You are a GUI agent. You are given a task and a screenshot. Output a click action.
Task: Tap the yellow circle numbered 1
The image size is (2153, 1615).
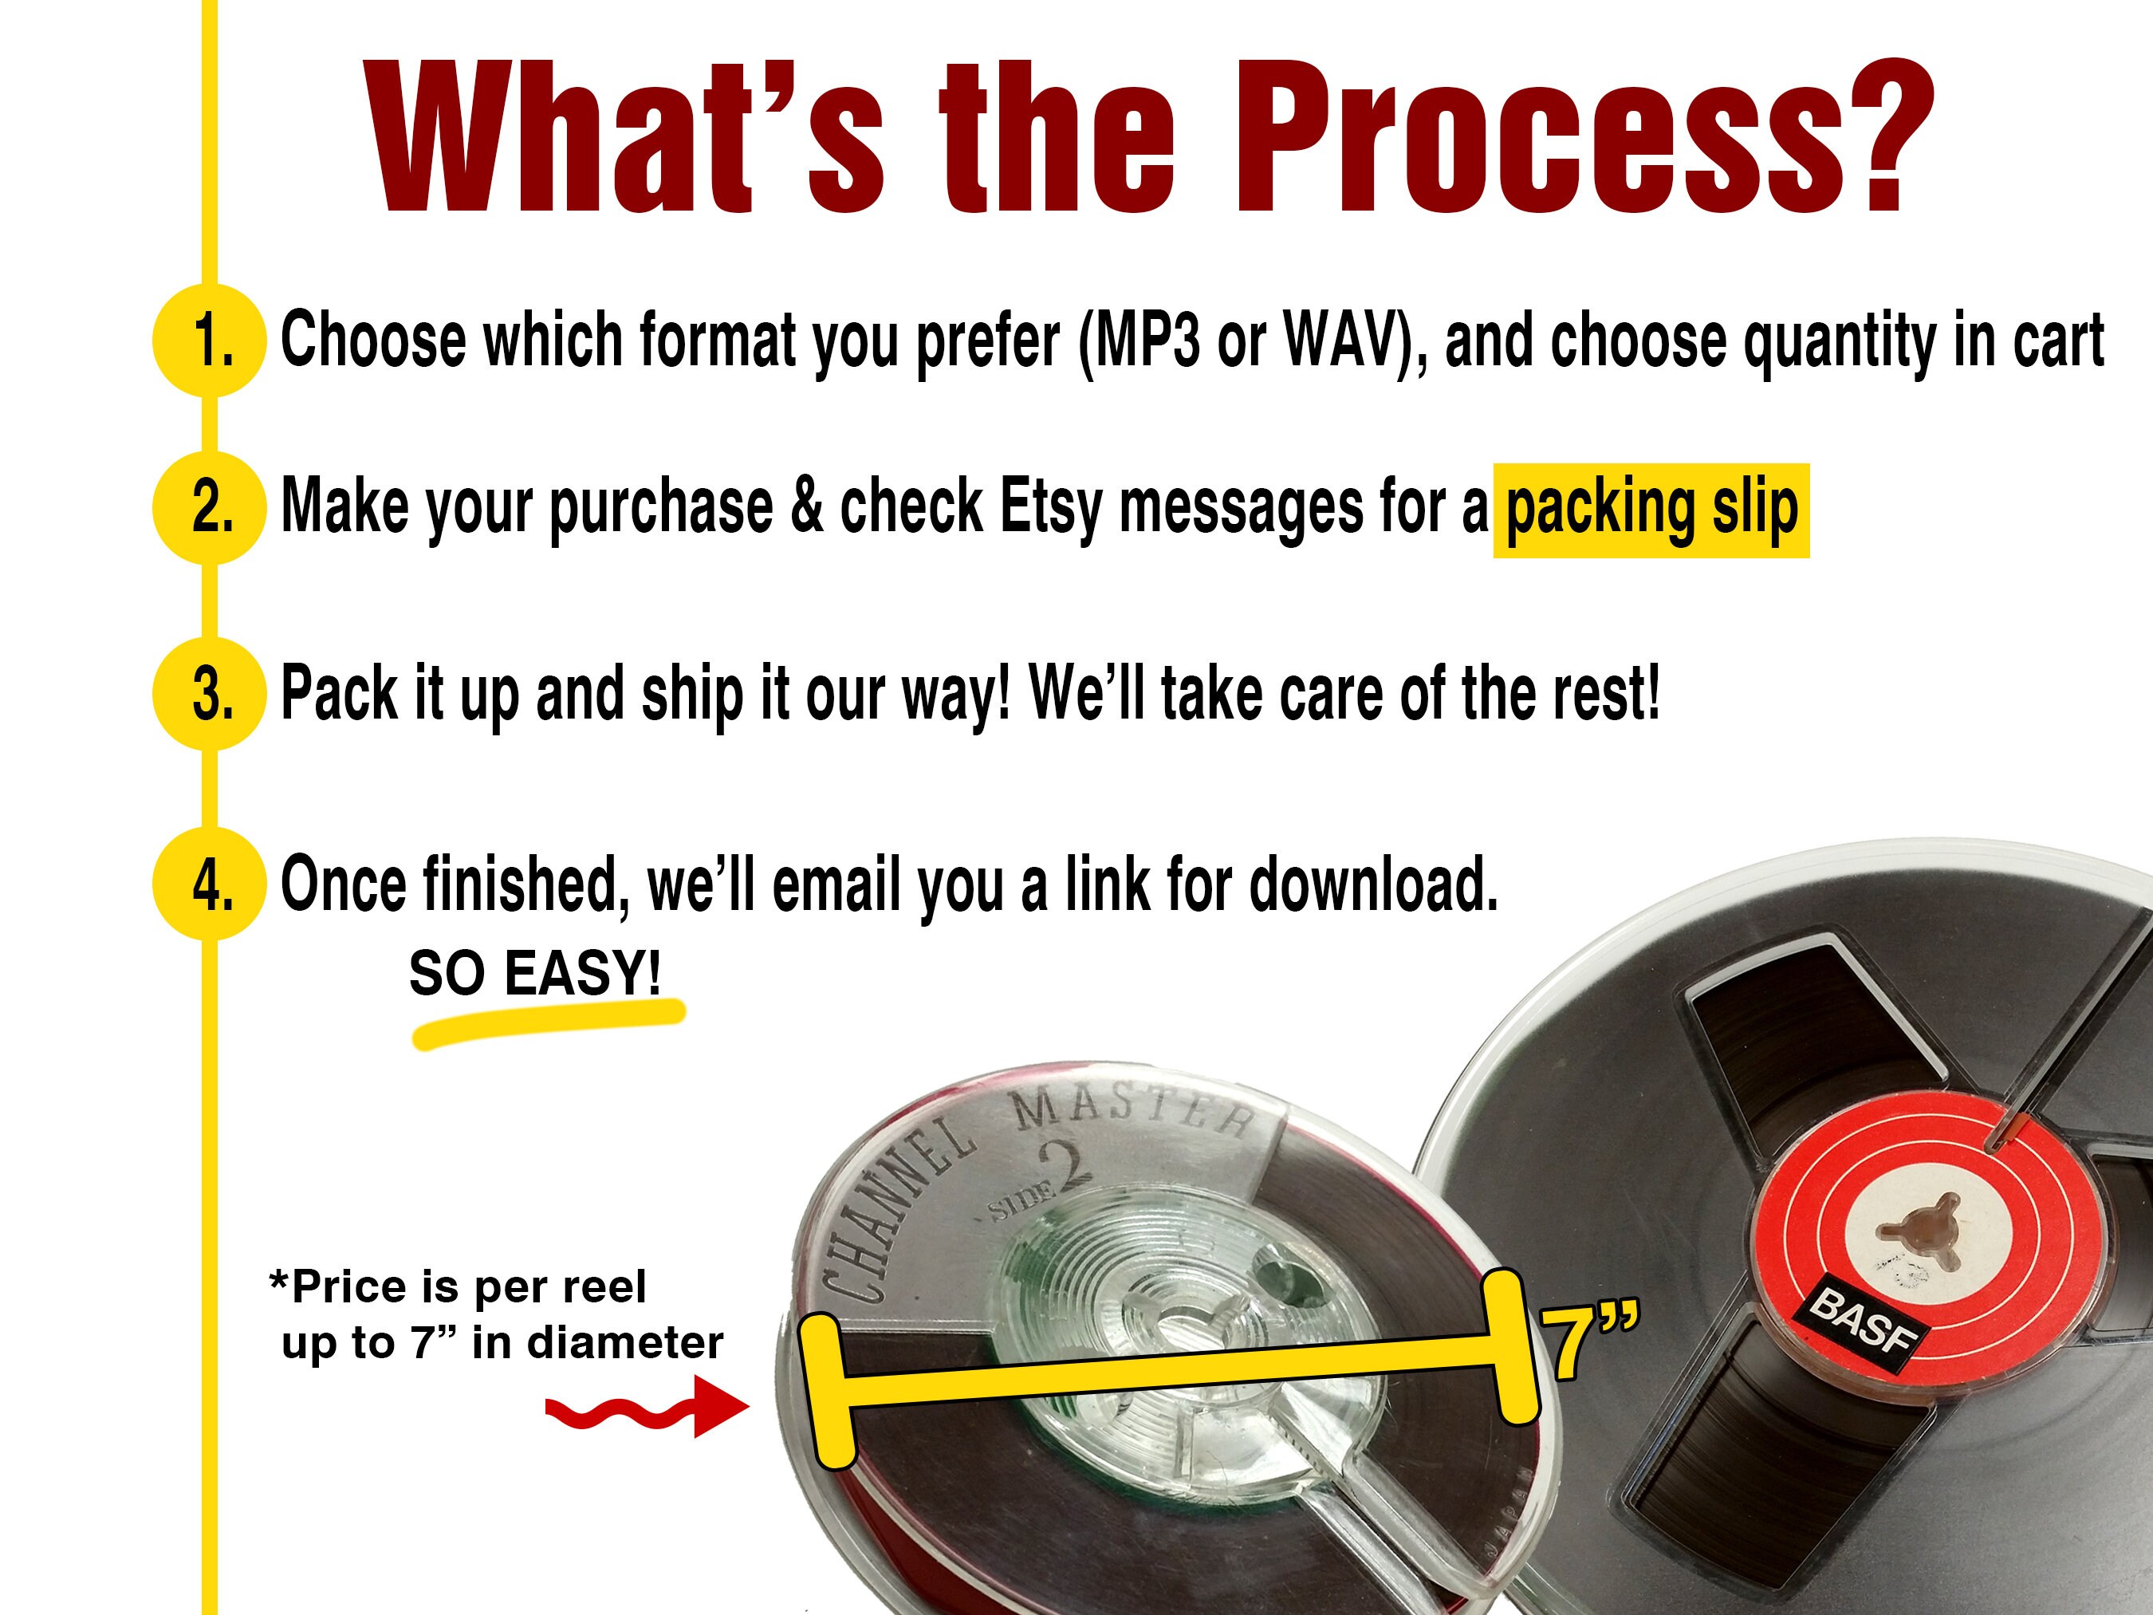point(209,341)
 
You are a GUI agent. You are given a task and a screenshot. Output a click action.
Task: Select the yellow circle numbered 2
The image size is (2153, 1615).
point(209,507)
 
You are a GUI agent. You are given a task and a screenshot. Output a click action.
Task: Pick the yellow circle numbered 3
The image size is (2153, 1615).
point(209,693)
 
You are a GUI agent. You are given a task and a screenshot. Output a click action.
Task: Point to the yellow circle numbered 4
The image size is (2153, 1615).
point(209,884)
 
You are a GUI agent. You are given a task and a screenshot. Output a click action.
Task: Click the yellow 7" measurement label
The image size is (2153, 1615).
point(1588,1342)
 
